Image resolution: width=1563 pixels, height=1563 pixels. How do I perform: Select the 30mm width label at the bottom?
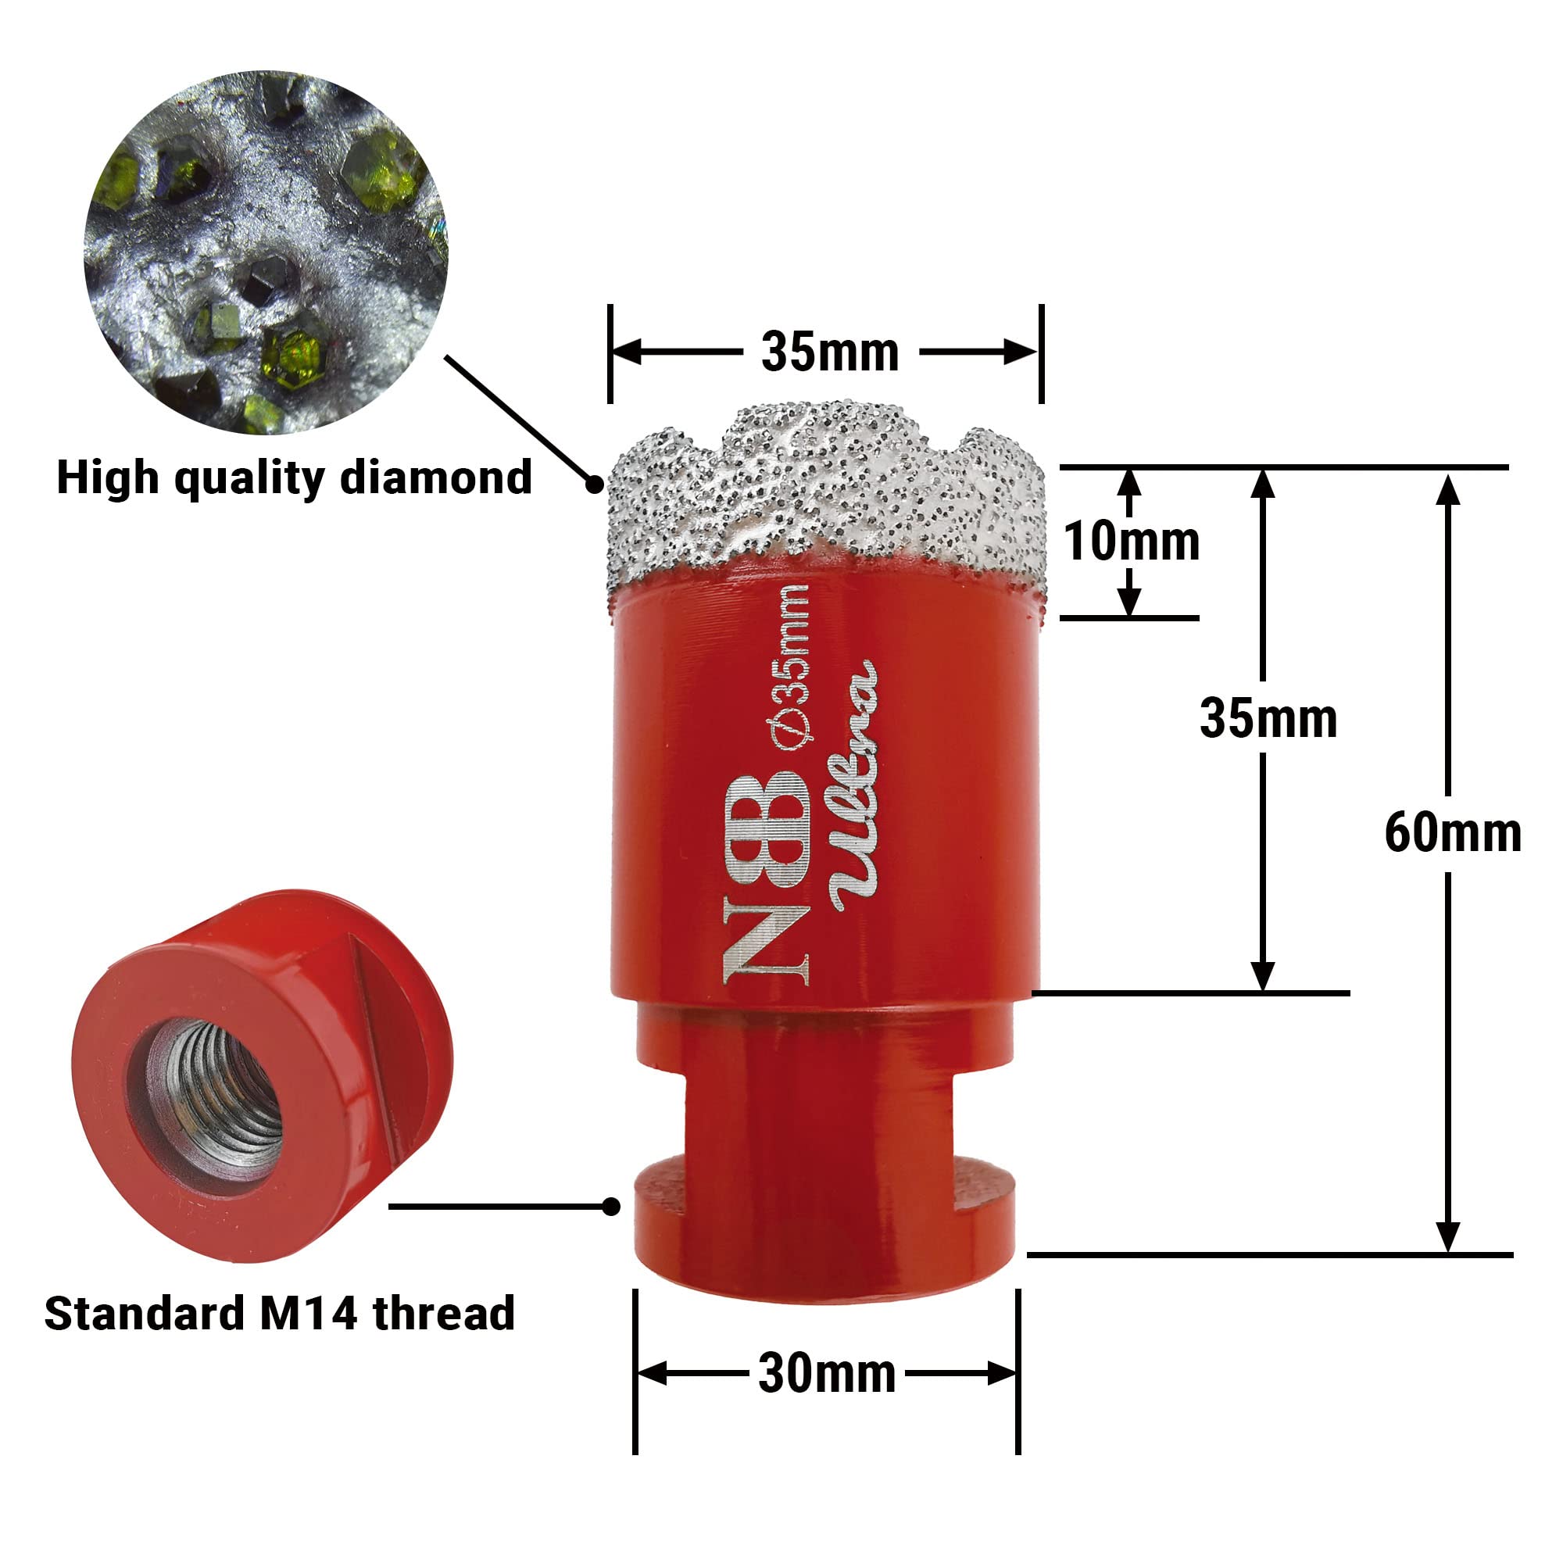pos(827,1373)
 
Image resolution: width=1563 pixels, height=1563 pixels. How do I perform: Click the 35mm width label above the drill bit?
pos(830,352)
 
